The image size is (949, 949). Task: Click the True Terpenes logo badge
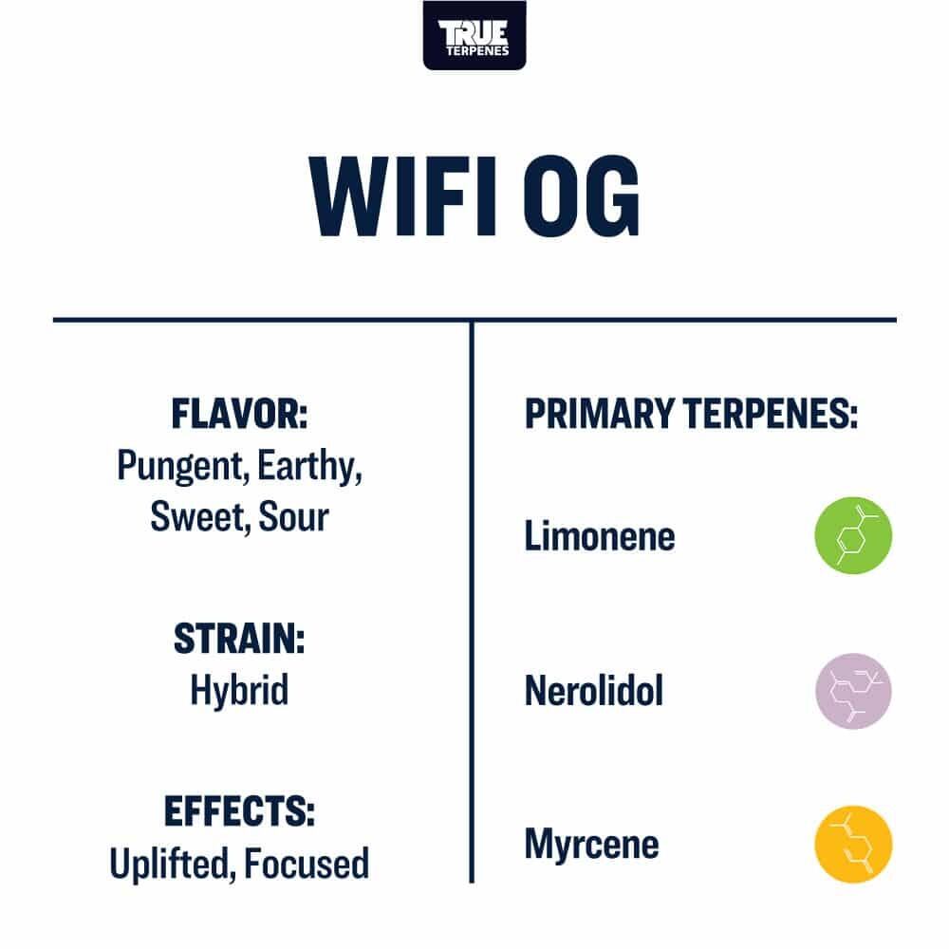click(474, 35)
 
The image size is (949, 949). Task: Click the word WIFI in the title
click(403, 196)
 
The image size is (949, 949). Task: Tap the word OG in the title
click(581, 196)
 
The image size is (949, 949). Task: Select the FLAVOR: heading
click(240, 414)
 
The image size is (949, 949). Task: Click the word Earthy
click(309, 467)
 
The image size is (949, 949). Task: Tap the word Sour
click(293, 517)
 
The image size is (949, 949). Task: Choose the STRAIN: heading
click(239, 639)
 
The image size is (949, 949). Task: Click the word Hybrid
click(240, 691)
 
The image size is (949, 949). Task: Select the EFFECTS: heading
click(240, 811)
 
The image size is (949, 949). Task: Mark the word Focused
click(307, 864)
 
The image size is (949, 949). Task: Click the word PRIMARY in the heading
click(599, 414)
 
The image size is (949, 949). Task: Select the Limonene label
click(600, 536)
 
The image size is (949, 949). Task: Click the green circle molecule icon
click(853, 535)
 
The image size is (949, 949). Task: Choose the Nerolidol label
click(594, 691)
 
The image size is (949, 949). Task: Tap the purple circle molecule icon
click(853, 691)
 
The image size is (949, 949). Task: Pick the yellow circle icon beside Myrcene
click(853, 845)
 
